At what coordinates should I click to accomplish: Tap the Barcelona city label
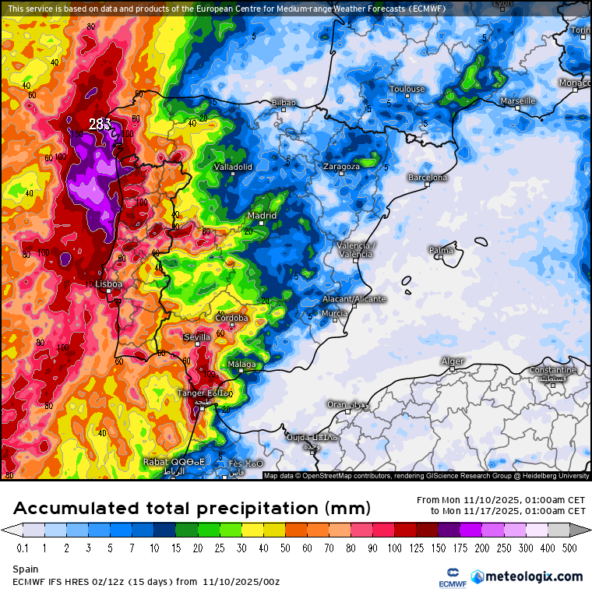[428, 178]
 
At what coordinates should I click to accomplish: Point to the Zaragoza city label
[342, 167]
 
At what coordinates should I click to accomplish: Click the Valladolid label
[233, 167]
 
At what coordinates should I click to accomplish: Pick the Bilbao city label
[284, 103]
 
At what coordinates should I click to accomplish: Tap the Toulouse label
[407, 89]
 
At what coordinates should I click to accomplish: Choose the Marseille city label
[517, 101]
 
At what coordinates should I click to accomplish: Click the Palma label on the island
[441, 251]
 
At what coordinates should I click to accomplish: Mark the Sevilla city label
[196, 337]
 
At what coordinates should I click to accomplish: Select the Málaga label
[241, 365]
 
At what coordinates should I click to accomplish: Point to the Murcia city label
[334, 313]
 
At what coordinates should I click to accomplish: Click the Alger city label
[453, 361]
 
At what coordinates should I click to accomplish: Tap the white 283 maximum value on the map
[100, 124]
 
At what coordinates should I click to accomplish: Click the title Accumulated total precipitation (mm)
[191, 509]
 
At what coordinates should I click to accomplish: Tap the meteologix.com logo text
[534, 576]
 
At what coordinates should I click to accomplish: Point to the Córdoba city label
[231, 318]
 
